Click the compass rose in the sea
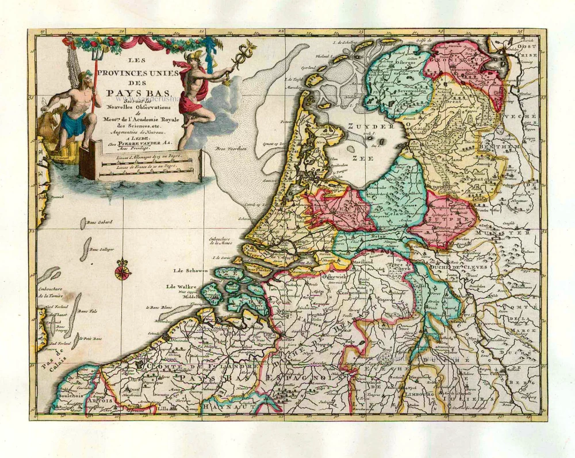122,271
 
